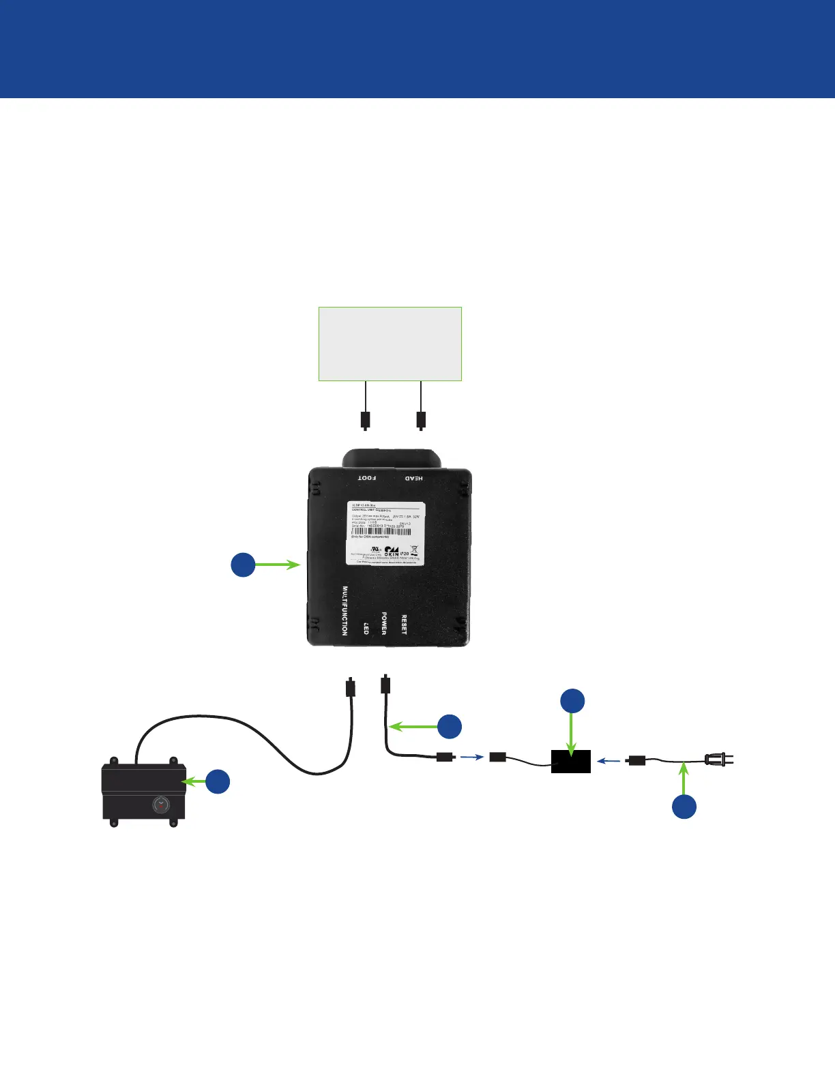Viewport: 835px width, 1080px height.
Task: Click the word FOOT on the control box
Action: [367, 478]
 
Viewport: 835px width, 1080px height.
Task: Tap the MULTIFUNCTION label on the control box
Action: [345, 611]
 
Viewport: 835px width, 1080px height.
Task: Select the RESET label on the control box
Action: [404, 625]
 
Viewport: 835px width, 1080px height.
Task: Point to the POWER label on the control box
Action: [384, 622]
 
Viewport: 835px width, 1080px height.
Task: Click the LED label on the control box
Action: [366, 628]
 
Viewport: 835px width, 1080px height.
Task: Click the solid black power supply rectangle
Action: [571, 761]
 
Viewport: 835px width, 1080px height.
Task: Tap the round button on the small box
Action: [160, 805]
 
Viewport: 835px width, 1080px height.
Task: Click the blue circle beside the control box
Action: [243, 565]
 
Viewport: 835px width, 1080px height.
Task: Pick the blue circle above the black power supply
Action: [572, 701]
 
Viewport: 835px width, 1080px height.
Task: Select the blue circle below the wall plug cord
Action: [684, 807]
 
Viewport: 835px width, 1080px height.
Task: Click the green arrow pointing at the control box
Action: [278, 565]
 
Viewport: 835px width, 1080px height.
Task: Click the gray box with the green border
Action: [390, 344]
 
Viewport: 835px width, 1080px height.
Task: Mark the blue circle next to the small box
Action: [218, 781]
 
